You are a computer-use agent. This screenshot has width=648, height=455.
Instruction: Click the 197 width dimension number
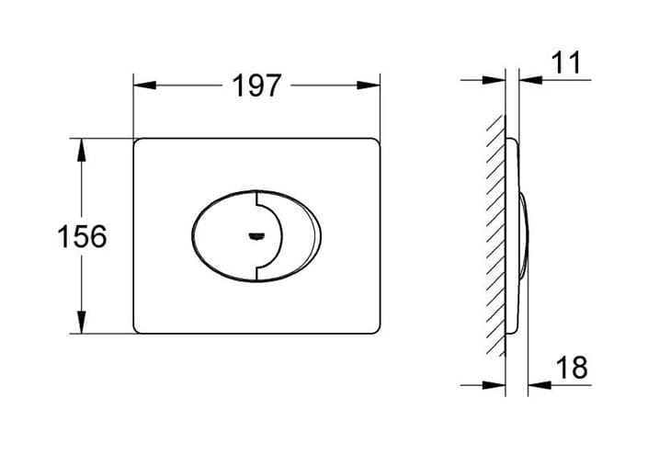pos(256,86)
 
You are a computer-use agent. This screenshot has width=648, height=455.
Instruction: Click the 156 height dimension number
pos(82,236)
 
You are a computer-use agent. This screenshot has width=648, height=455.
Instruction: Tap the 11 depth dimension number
pos(566,63)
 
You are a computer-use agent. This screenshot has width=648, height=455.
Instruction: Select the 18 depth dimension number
pos(572,368)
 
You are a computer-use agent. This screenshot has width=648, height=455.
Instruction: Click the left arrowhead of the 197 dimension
pos(144,85)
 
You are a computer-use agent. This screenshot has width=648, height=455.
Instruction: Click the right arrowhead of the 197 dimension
pos(369,85)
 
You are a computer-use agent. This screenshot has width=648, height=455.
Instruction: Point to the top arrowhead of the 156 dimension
pos(82,150)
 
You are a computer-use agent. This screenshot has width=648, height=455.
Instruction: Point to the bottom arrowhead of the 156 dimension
pos(82,322)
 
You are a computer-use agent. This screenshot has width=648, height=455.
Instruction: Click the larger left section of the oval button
pos(223,235)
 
